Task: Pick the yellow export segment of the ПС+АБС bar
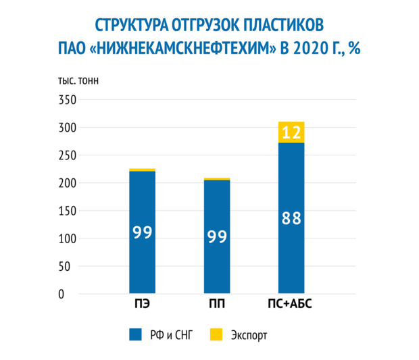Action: [x=291, y=132]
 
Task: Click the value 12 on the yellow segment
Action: [x=291, y=132]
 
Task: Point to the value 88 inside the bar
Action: [x=291, y=219]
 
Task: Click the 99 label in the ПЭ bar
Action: [x=142, y=232]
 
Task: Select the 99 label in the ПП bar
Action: [x=217, y=237]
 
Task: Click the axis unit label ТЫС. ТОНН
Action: [x=77, y=82]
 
